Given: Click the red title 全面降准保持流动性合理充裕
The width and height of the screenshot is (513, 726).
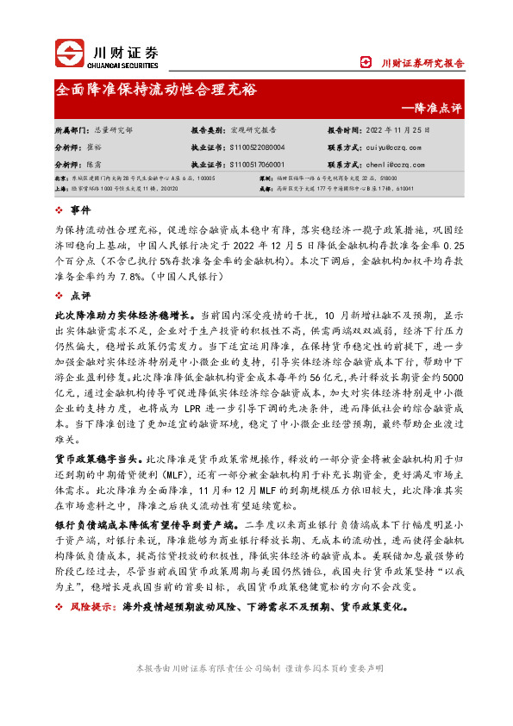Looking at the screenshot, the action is [x=155, y=90].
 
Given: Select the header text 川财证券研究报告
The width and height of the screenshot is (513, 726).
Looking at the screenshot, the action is [x=422, y=63].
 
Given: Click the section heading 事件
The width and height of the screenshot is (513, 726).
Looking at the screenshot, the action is [x=79, y=211].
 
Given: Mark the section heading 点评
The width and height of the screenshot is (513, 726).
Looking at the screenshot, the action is [x=79, y=295].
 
